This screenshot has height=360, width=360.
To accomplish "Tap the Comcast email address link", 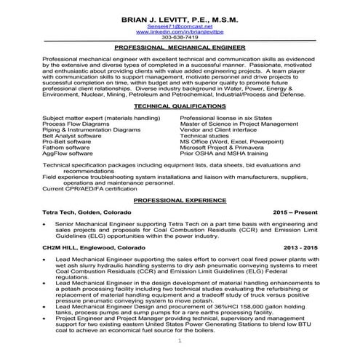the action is [x=179, y=25].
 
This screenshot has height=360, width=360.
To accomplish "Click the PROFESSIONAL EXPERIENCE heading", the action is [x=180, y=199].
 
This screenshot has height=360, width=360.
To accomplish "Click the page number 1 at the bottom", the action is [x=180, y=340].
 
